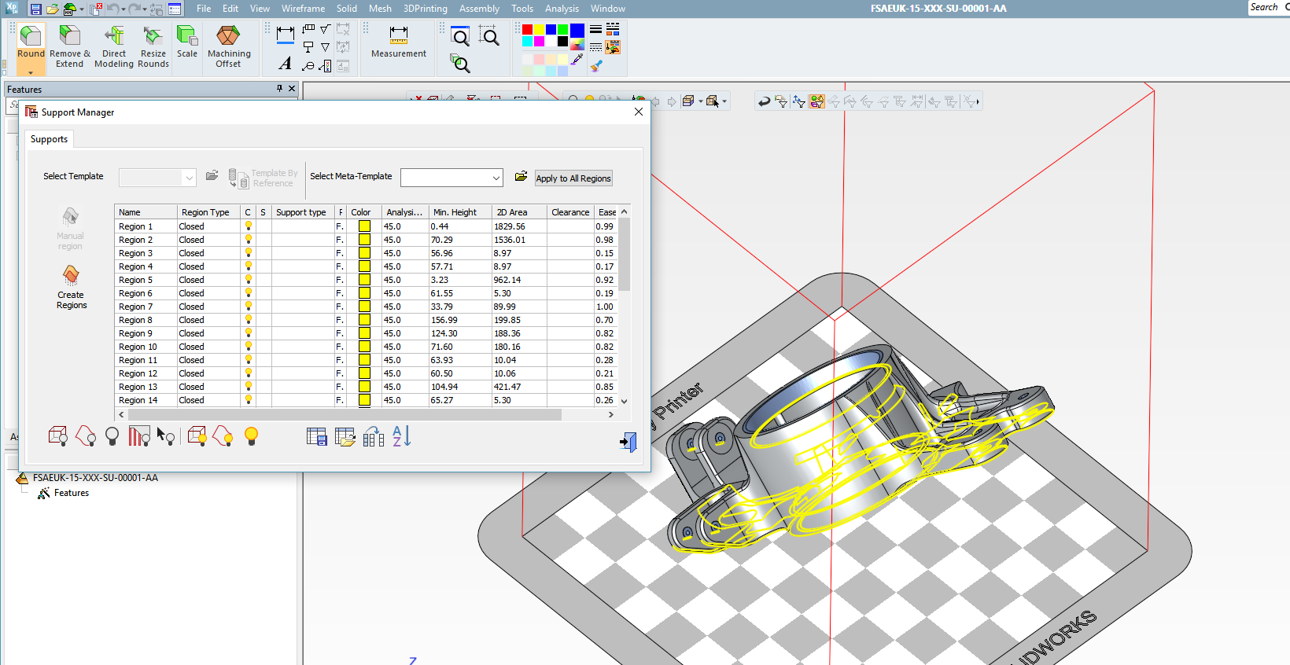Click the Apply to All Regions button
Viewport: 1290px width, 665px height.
point(573,178)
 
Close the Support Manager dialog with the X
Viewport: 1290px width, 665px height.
point(639,112)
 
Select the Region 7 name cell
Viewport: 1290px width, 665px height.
point(136,307)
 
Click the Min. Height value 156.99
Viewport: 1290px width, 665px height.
point(444,320)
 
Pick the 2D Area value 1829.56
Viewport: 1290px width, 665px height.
point(510,226)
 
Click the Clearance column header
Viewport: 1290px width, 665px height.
point(570,212)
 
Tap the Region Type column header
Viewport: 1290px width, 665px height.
point(205,212)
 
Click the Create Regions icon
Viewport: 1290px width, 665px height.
point(71,287)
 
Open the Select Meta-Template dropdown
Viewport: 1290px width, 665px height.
point(496,178)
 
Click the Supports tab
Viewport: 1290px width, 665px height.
point(49,139)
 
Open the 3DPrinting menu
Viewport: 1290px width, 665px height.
point(425,9)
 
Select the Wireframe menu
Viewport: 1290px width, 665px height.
point(303,9)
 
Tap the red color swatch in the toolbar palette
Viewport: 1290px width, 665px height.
point(528,30)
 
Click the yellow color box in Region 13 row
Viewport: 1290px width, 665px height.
point(365,387)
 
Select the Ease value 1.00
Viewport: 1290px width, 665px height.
point(604,307)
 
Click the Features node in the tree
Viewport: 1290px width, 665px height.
point(71,493)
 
